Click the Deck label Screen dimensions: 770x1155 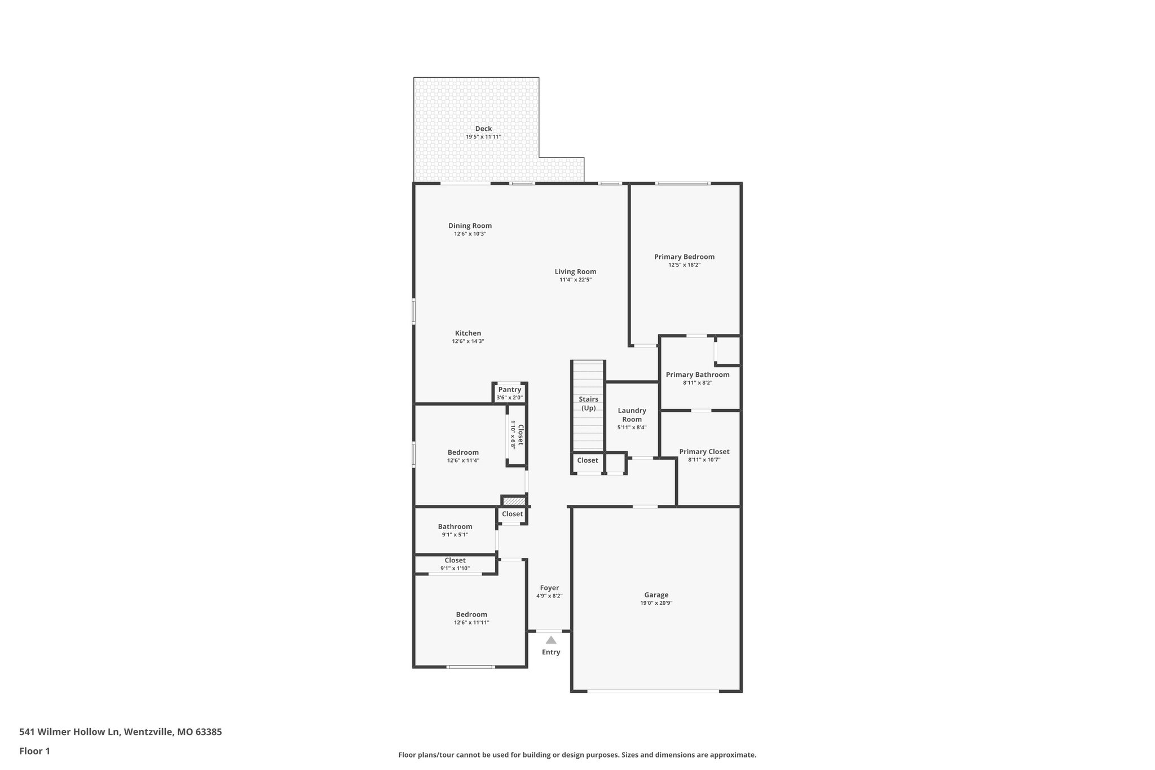click(x=483, y=129)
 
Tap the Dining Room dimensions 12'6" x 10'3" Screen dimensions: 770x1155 click(x=470, y=234)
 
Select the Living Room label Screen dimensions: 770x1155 click(x=575, y=271)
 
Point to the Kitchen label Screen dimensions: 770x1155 click(x=468, y=333)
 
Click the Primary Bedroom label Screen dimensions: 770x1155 click(x=684, y=257)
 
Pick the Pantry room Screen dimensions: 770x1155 click(x=510, y=393)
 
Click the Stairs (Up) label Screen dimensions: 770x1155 click(x=588, y=403)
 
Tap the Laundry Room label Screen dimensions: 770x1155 click(x=632, y=415)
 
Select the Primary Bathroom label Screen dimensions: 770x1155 click(x=698, y=375)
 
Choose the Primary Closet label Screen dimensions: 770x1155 click(x=704, y=451)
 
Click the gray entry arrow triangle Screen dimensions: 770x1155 click(x=551, y=640)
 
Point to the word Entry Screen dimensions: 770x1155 click(x=551, y=652)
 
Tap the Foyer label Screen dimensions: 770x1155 click(x=549, y=588)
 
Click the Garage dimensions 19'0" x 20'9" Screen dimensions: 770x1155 click(x=656, y=603)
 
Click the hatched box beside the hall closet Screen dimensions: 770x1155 click(x=514, y=501)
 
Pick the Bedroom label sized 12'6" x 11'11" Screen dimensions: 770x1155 click(x=471, y=614)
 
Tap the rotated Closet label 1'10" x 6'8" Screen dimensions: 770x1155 click(x=517, y=434)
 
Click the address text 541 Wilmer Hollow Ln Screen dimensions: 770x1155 click(x=69, y=732)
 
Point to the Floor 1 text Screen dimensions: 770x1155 click(x=34, y=751)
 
